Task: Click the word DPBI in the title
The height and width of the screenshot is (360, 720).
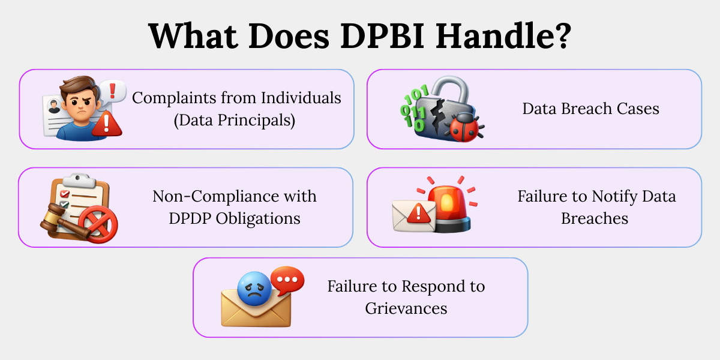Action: pyautogui.click(x=383, y=35)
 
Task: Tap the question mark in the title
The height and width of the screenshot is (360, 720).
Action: pyautogui.click(x=560, y=35)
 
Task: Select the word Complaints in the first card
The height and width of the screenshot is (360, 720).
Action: pyautogui.click(x=174, y=98)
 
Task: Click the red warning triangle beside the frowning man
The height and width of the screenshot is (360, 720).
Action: pyautogui.click(x=107, y=124)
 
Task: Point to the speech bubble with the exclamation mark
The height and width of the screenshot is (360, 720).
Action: pyautogui.click(x=113, y=92)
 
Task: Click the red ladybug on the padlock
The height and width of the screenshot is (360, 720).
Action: pyautogui.click(x=464, y=127)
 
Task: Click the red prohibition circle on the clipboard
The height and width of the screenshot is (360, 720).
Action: pyautogui.click(x=98, y=224)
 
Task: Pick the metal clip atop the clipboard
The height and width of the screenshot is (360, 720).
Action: pyautogui.click(x=79, y=180)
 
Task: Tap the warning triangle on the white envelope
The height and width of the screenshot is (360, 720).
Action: pyautogui.click(x=419, y=213)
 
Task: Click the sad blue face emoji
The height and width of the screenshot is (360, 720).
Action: pyautogui.click(x=255, y=289)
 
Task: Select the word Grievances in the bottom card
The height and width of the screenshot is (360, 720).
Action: pyautogui.click(x=406, y=308)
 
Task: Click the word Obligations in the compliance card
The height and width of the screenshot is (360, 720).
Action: pyautogui.click(x=258, y=219)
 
